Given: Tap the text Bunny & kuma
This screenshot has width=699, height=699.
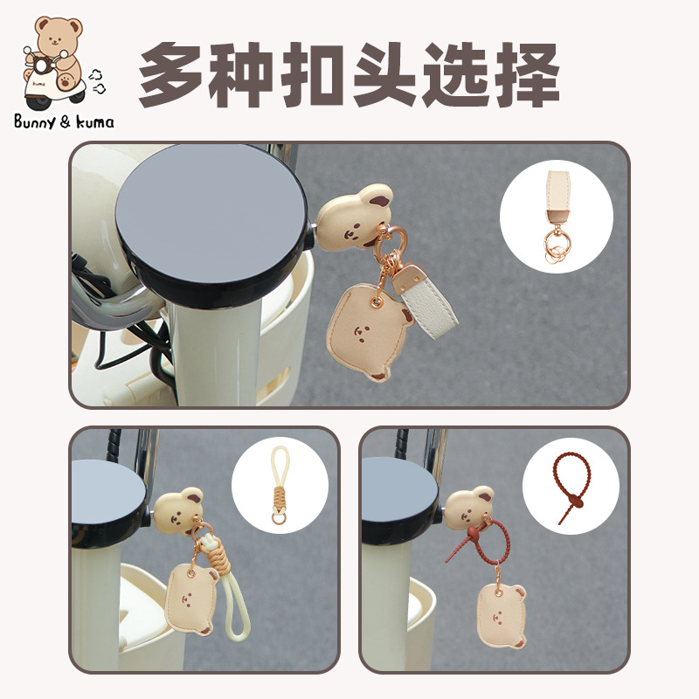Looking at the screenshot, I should click(x=64, y=121).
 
